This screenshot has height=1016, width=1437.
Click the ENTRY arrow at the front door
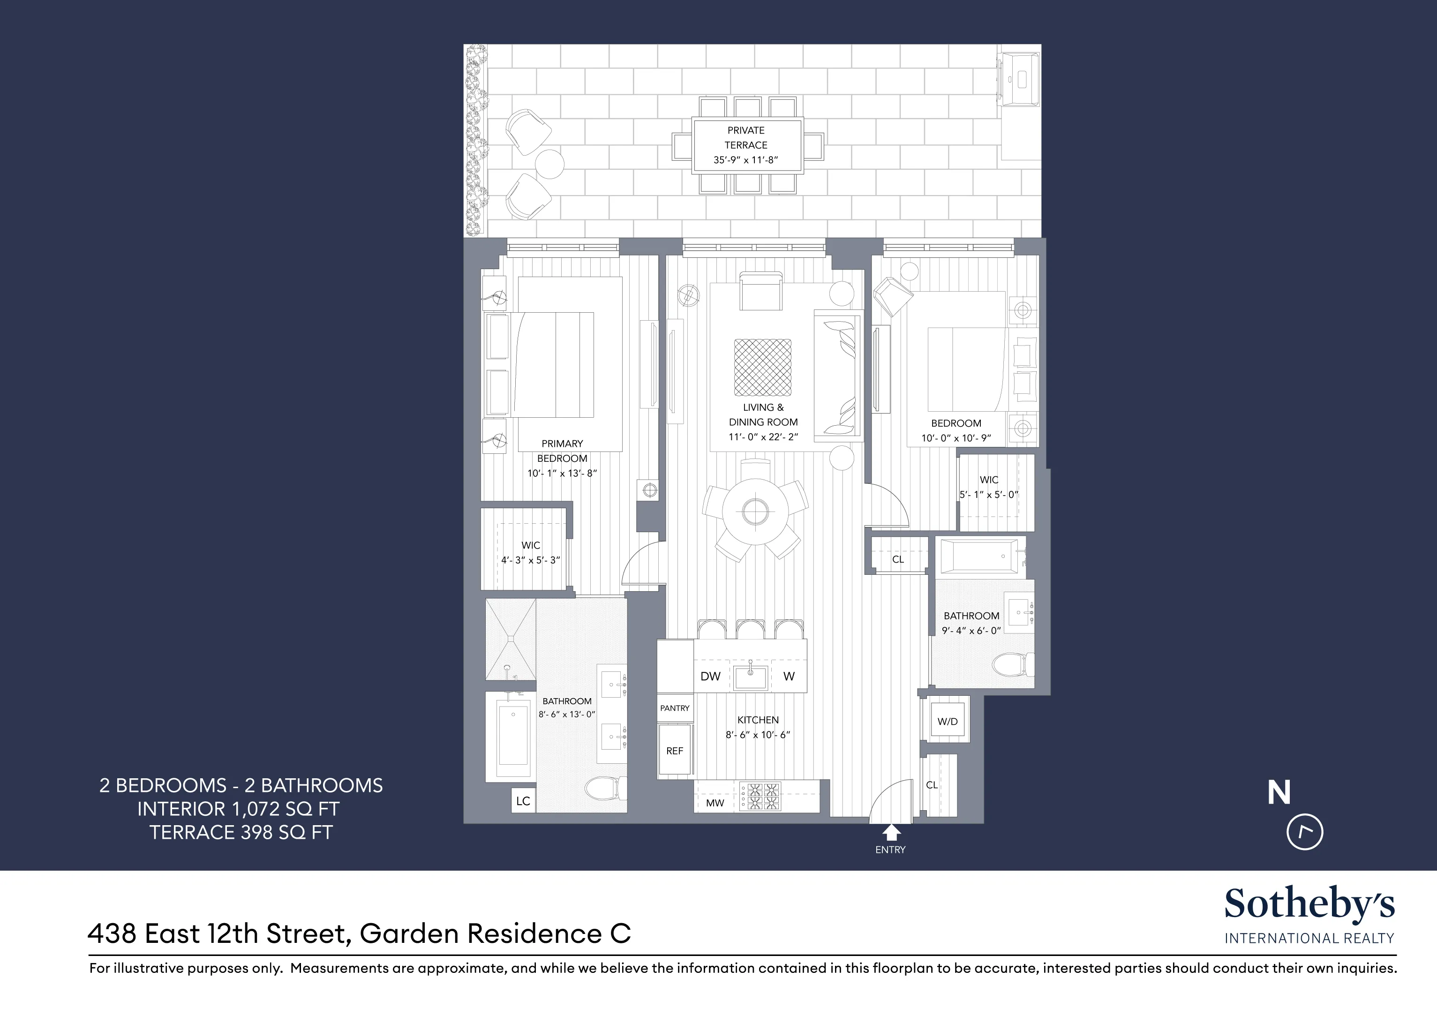pyautogui.click(x=891, y=833)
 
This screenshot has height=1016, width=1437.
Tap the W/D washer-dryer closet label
pyautogui.click(x=947, y=721)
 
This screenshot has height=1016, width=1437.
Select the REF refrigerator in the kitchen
pyautogui.click(x=674, y=751)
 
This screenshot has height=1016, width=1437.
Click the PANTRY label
pyautogui.click(x=674, y=708)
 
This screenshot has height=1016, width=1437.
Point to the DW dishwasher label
pyautogui.click(x=710, y=676)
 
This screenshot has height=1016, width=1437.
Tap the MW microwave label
pyautogui.click(x=715, y=803)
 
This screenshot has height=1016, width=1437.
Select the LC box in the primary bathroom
pyautogui.click(x=523, y=801)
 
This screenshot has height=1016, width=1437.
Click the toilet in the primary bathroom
pyautogui.click(x=604, y=788)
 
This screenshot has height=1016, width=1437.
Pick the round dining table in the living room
pyautogui.click(x=755, y=512)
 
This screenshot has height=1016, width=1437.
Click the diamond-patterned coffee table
pyautogui.click(x=762, y=368)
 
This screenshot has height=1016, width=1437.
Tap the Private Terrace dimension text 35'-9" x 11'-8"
pyautogui.click(x=745, y=159)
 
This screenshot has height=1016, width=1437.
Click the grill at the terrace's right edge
pyautogui.click(x=1018, y=80)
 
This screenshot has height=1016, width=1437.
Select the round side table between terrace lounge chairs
pyautogui.click(x=549, y=164)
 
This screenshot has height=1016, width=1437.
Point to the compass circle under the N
pyautogui.click(x=1304, y=832)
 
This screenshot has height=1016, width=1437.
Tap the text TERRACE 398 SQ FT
pyautogui.click(x=241, y=833)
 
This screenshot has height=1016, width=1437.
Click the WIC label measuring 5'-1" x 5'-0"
pyautogui.click(x=989, y=487)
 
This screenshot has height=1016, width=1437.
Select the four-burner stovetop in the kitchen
pyautogui.click(x=760, y=798)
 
